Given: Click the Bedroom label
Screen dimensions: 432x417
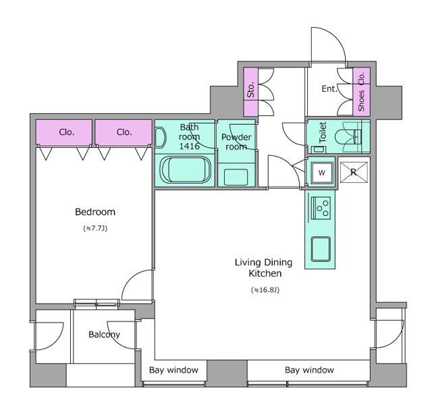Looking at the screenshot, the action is [95, 212].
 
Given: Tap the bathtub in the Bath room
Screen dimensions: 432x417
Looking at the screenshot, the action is [186, 169].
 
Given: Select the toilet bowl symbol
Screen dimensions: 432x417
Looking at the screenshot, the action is [348, 136].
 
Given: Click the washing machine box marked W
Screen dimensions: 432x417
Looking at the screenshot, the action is [322, 173].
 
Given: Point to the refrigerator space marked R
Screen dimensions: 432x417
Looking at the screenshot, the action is [354, 173].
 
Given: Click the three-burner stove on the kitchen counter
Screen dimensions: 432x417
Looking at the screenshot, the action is [321, 208].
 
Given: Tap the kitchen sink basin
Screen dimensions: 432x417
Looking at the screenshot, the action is [321, 249].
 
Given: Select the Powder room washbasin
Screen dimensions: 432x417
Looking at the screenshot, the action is [236, 177].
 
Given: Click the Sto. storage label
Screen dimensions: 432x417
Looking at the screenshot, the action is [250, 90].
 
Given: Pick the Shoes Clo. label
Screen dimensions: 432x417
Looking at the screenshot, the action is [361, 92].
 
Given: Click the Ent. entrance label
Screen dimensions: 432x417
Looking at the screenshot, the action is [329, 89].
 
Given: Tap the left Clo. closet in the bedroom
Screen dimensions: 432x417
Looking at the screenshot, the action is [64, 132].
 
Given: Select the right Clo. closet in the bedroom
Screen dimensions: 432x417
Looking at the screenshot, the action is [124, 132].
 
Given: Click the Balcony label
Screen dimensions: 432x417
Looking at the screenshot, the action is [104, 335].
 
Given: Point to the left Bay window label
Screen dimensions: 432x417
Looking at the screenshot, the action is [173, 370].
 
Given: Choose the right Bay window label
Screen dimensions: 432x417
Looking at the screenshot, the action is [309, 370].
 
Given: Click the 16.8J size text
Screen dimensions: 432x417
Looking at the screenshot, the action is [265, 289].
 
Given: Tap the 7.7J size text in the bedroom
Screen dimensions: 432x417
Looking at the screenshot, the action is [95, 228].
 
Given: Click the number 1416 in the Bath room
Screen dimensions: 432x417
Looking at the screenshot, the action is [190, 146].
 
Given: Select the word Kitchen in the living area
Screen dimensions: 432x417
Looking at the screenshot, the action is [265, 273].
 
